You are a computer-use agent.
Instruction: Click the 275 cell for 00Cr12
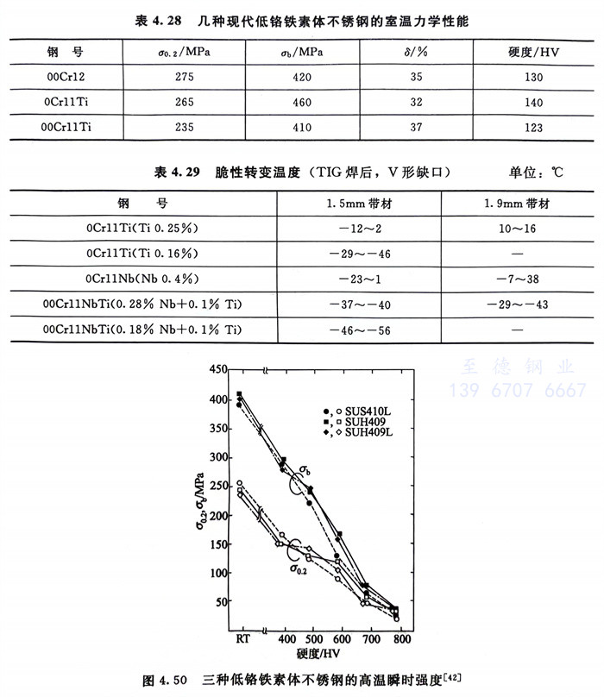pyautogui.click(x=179, y=78)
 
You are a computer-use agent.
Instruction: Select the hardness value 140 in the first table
pyautogui.click(x=532, y=102)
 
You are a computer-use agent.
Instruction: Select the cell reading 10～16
pyautogui.click(x=518, y=229)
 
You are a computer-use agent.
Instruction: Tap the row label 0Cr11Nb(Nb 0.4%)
pyautogui.click(x=143, y=279)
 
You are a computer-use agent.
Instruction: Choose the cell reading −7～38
pyautogui.click(x=518, y=279)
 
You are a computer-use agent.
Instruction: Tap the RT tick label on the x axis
pyautogui.click(x=242, y=640)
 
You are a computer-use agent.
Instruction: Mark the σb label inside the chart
pyautogui.click(x=305, y=471)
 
